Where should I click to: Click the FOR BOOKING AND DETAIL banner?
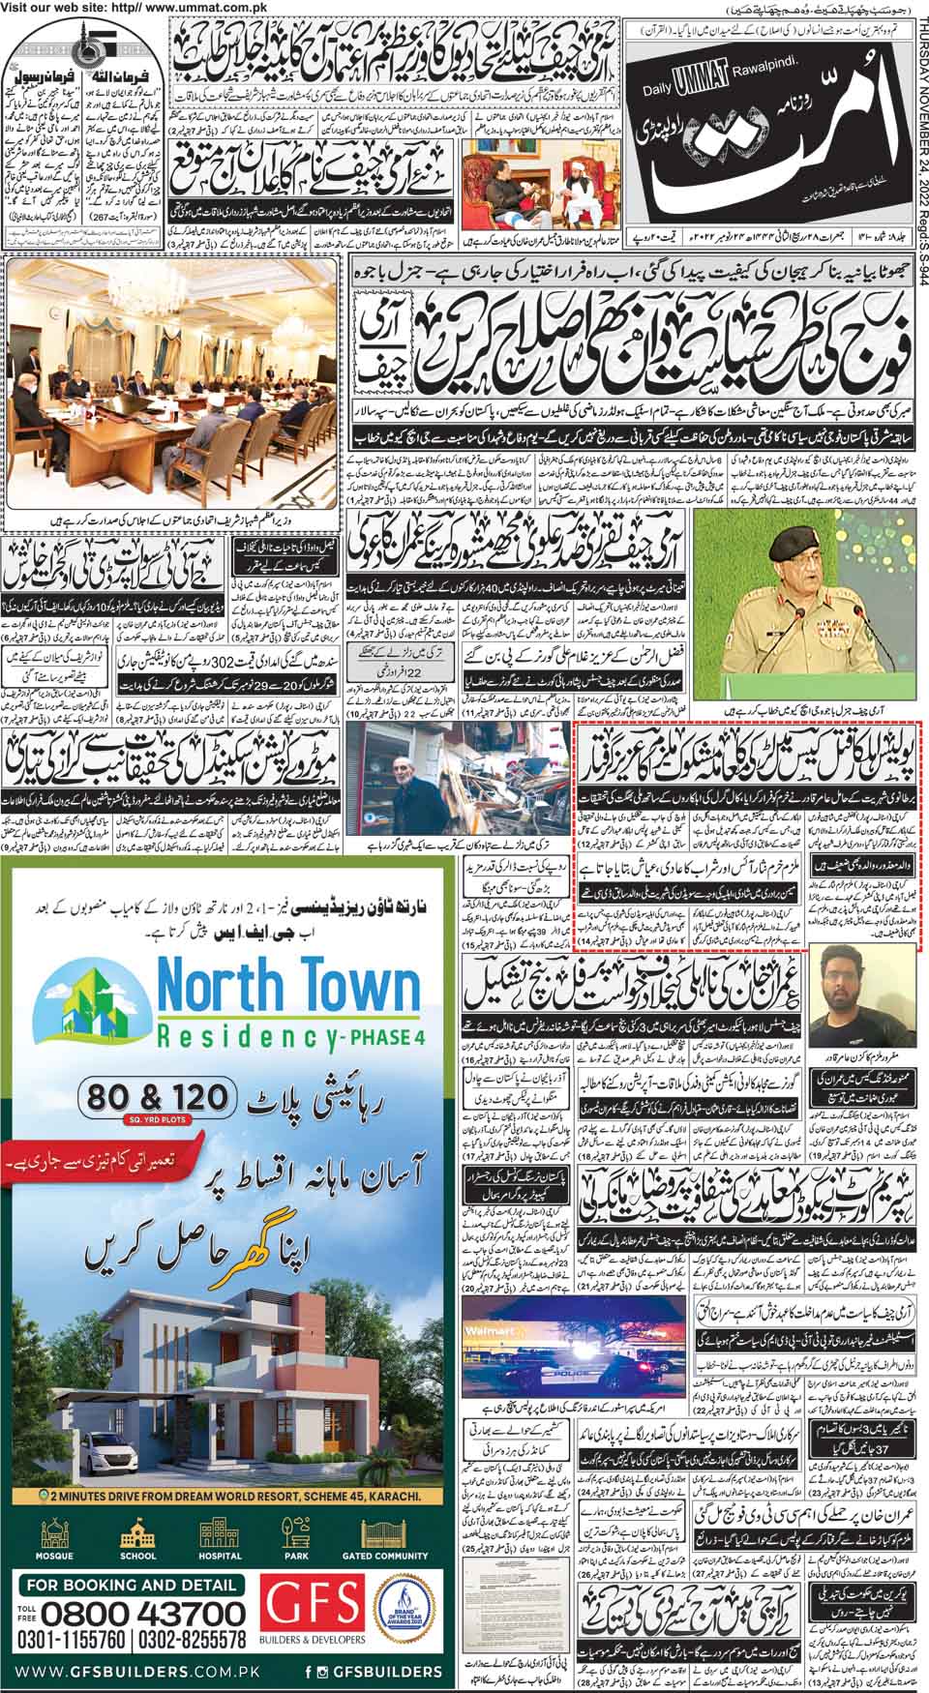tap(132, 1586)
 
